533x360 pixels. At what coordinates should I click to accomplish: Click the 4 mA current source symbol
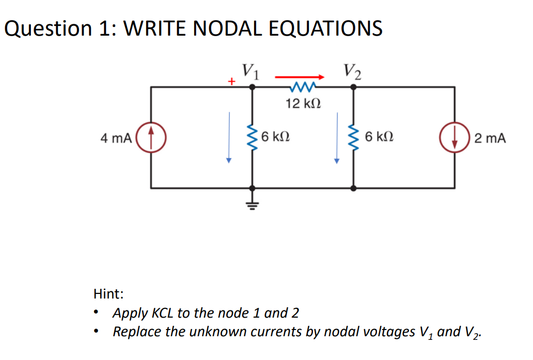151,137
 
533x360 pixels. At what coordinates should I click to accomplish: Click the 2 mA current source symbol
455,137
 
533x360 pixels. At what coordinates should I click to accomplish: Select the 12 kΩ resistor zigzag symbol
303,87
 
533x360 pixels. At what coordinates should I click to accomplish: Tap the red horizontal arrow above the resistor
300,77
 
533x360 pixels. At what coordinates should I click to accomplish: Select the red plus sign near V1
232,82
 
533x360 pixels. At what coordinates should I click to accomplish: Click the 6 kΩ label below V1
275,137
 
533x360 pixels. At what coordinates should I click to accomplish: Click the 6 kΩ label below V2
379,137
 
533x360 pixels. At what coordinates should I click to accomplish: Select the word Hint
108,294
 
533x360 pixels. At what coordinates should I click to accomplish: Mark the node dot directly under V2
353,87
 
